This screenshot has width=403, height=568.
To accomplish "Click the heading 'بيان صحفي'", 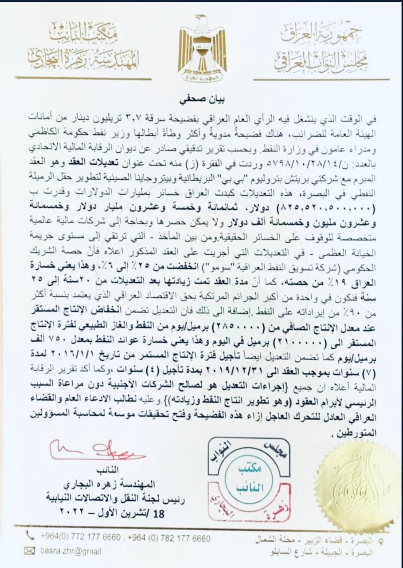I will click(202, 100).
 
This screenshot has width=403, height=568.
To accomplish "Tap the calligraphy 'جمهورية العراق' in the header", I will click(322, 34).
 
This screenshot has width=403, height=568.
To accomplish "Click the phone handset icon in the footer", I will click(30, 535).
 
